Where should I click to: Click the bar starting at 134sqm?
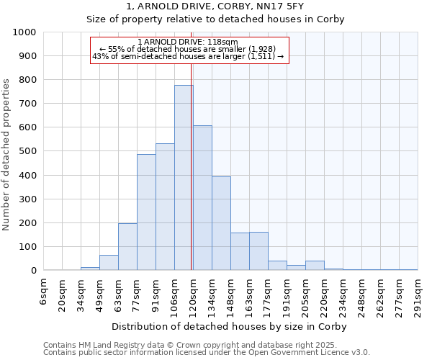point(221,223)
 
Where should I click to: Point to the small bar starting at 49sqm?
point(109,263)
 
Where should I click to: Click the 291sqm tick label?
point(418,295)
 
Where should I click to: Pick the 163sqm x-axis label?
point(250,295)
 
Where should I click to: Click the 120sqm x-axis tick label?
point(194,295)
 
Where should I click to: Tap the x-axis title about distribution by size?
point(230,326)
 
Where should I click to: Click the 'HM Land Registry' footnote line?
point(194,345)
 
